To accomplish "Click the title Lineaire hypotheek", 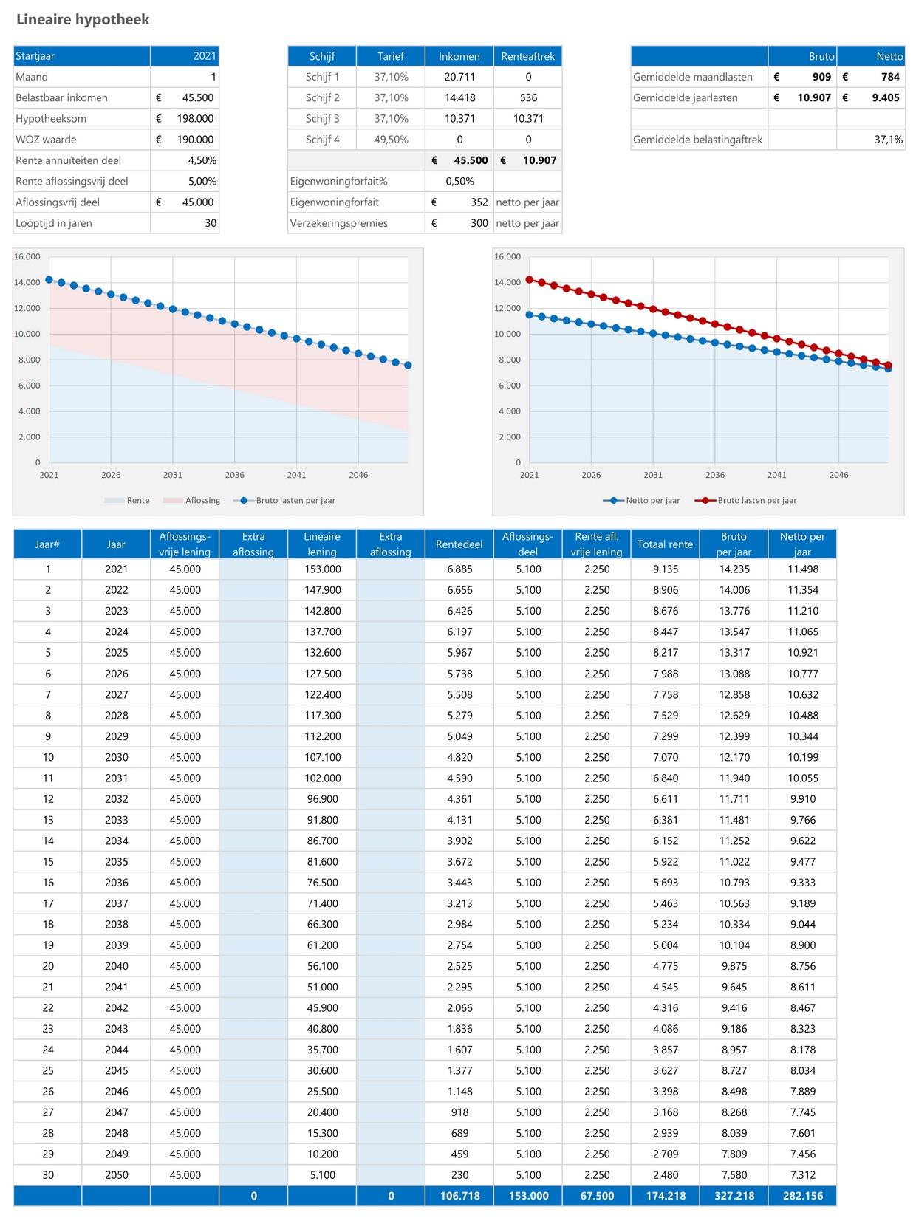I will pos(83,20).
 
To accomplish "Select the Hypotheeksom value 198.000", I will pos(195,118).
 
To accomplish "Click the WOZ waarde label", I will pos(46,140).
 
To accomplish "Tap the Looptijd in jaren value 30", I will pos(211,223).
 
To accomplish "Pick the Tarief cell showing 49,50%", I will pos(391,140).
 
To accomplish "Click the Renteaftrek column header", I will pos(527,56).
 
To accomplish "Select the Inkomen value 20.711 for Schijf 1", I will pos(459,77).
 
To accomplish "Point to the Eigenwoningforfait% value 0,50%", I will pos(459,181).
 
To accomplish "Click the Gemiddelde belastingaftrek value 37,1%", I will pos(888,140).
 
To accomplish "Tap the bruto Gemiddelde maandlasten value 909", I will pos(821,77).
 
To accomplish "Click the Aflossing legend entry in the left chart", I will pos(202,500).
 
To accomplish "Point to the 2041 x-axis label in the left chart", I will pos(296,475).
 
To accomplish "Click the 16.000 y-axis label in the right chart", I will pos(507,257).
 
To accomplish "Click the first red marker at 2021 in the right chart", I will pos(529,280).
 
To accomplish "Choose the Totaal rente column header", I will pos(665,544).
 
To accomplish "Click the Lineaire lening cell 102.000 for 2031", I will pos(322,778).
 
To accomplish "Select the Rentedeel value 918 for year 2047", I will pos(459,1112).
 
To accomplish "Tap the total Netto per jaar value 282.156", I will pos(802,1196).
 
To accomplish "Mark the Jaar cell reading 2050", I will pos(116,1175).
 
